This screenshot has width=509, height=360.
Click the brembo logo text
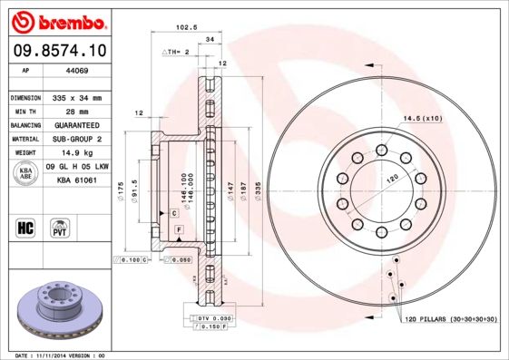coord(57,20)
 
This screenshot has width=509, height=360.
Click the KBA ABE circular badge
coord(24,173)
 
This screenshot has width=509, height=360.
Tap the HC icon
coord(25,226)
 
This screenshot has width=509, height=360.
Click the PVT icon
coord(60,226)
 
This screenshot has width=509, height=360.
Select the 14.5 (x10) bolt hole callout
coord(422,119)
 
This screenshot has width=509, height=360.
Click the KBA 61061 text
coord(77,180)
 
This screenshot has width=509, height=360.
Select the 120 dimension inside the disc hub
coord(392,180)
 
